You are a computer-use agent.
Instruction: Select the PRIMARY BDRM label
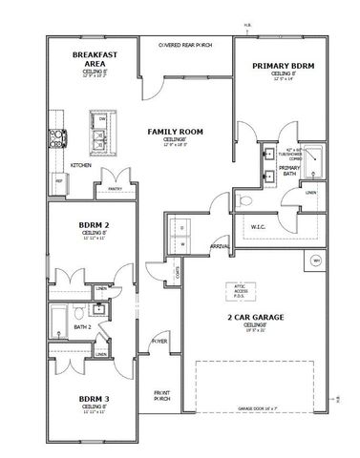[283, 66]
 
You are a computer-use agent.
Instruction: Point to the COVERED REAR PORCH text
[185, 44]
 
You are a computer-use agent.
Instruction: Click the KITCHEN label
[80, 165]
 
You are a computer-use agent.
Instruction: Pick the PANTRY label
[116, 189]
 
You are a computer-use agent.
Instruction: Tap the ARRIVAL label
[220, 246]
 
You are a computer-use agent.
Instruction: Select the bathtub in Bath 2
[59, 317]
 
